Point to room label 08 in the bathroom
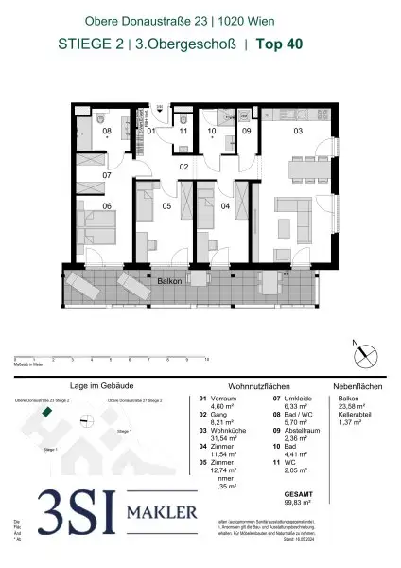tap(107, 131)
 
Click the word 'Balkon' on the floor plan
tap(170, 280)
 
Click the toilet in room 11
tap(187, 122)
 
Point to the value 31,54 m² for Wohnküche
tap(221, 438)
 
